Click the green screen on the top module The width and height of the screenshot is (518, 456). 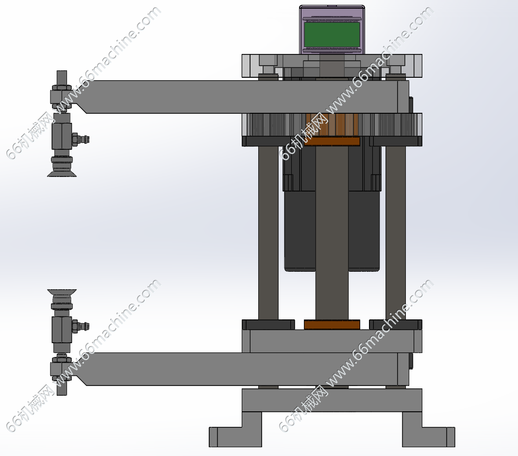pyautogui.click(x=332, y=35)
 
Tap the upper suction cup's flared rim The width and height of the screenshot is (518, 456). pyautogui.click(x=62, y=173)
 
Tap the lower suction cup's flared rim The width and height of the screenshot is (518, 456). pyautogui.click(x=62, y=293)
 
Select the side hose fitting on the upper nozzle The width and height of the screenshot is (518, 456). pyautogui.click(x=80, y=139)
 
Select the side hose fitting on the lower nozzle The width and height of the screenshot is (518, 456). pyautogui.click(x=80, y=327)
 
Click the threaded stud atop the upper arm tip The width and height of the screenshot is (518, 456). pyautogui.click(x=62, y=78)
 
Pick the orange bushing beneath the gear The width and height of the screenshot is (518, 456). pyautogui.click(x=332, y=141)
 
